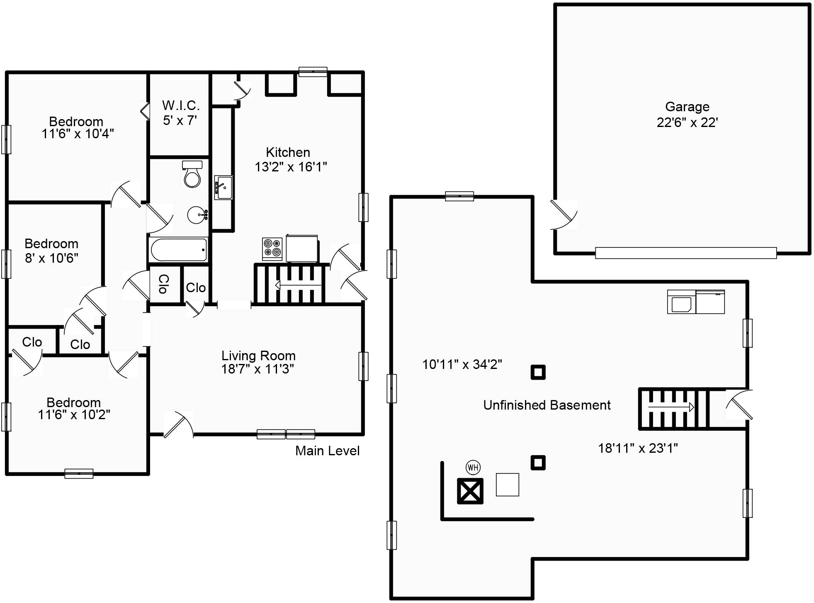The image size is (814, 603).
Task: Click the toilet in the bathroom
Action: click(192, 174)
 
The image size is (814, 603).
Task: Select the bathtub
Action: click(178, 249)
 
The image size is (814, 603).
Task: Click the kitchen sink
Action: click(224, 188)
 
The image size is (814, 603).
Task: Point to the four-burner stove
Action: click(272, 249)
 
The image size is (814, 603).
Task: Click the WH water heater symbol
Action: click(473, 468)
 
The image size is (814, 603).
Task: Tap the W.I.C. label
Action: click(181, 105)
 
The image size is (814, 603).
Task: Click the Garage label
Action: click(687, 107)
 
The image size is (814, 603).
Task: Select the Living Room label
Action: click(258, 356)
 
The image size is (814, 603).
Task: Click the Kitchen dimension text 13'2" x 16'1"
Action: click(291, 167)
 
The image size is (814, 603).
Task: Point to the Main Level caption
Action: click(327, 451)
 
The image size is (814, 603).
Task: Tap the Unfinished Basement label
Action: click(547, 405)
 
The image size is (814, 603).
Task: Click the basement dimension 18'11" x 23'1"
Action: click(638, 448)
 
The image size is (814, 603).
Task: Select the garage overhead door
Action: click(686, 253)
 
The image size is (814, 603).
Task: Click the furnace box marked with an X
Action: click(470, 491)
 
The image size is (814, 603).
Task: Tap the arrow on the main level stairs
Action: click(298, 286)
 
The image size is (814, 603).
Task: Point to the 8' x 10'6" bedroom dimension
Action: click(51, 258)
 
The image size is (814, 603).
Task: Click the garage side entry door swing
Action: click(564, 215)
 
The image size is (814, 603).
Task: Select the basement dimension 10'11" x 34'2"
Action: click(462, 364)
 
